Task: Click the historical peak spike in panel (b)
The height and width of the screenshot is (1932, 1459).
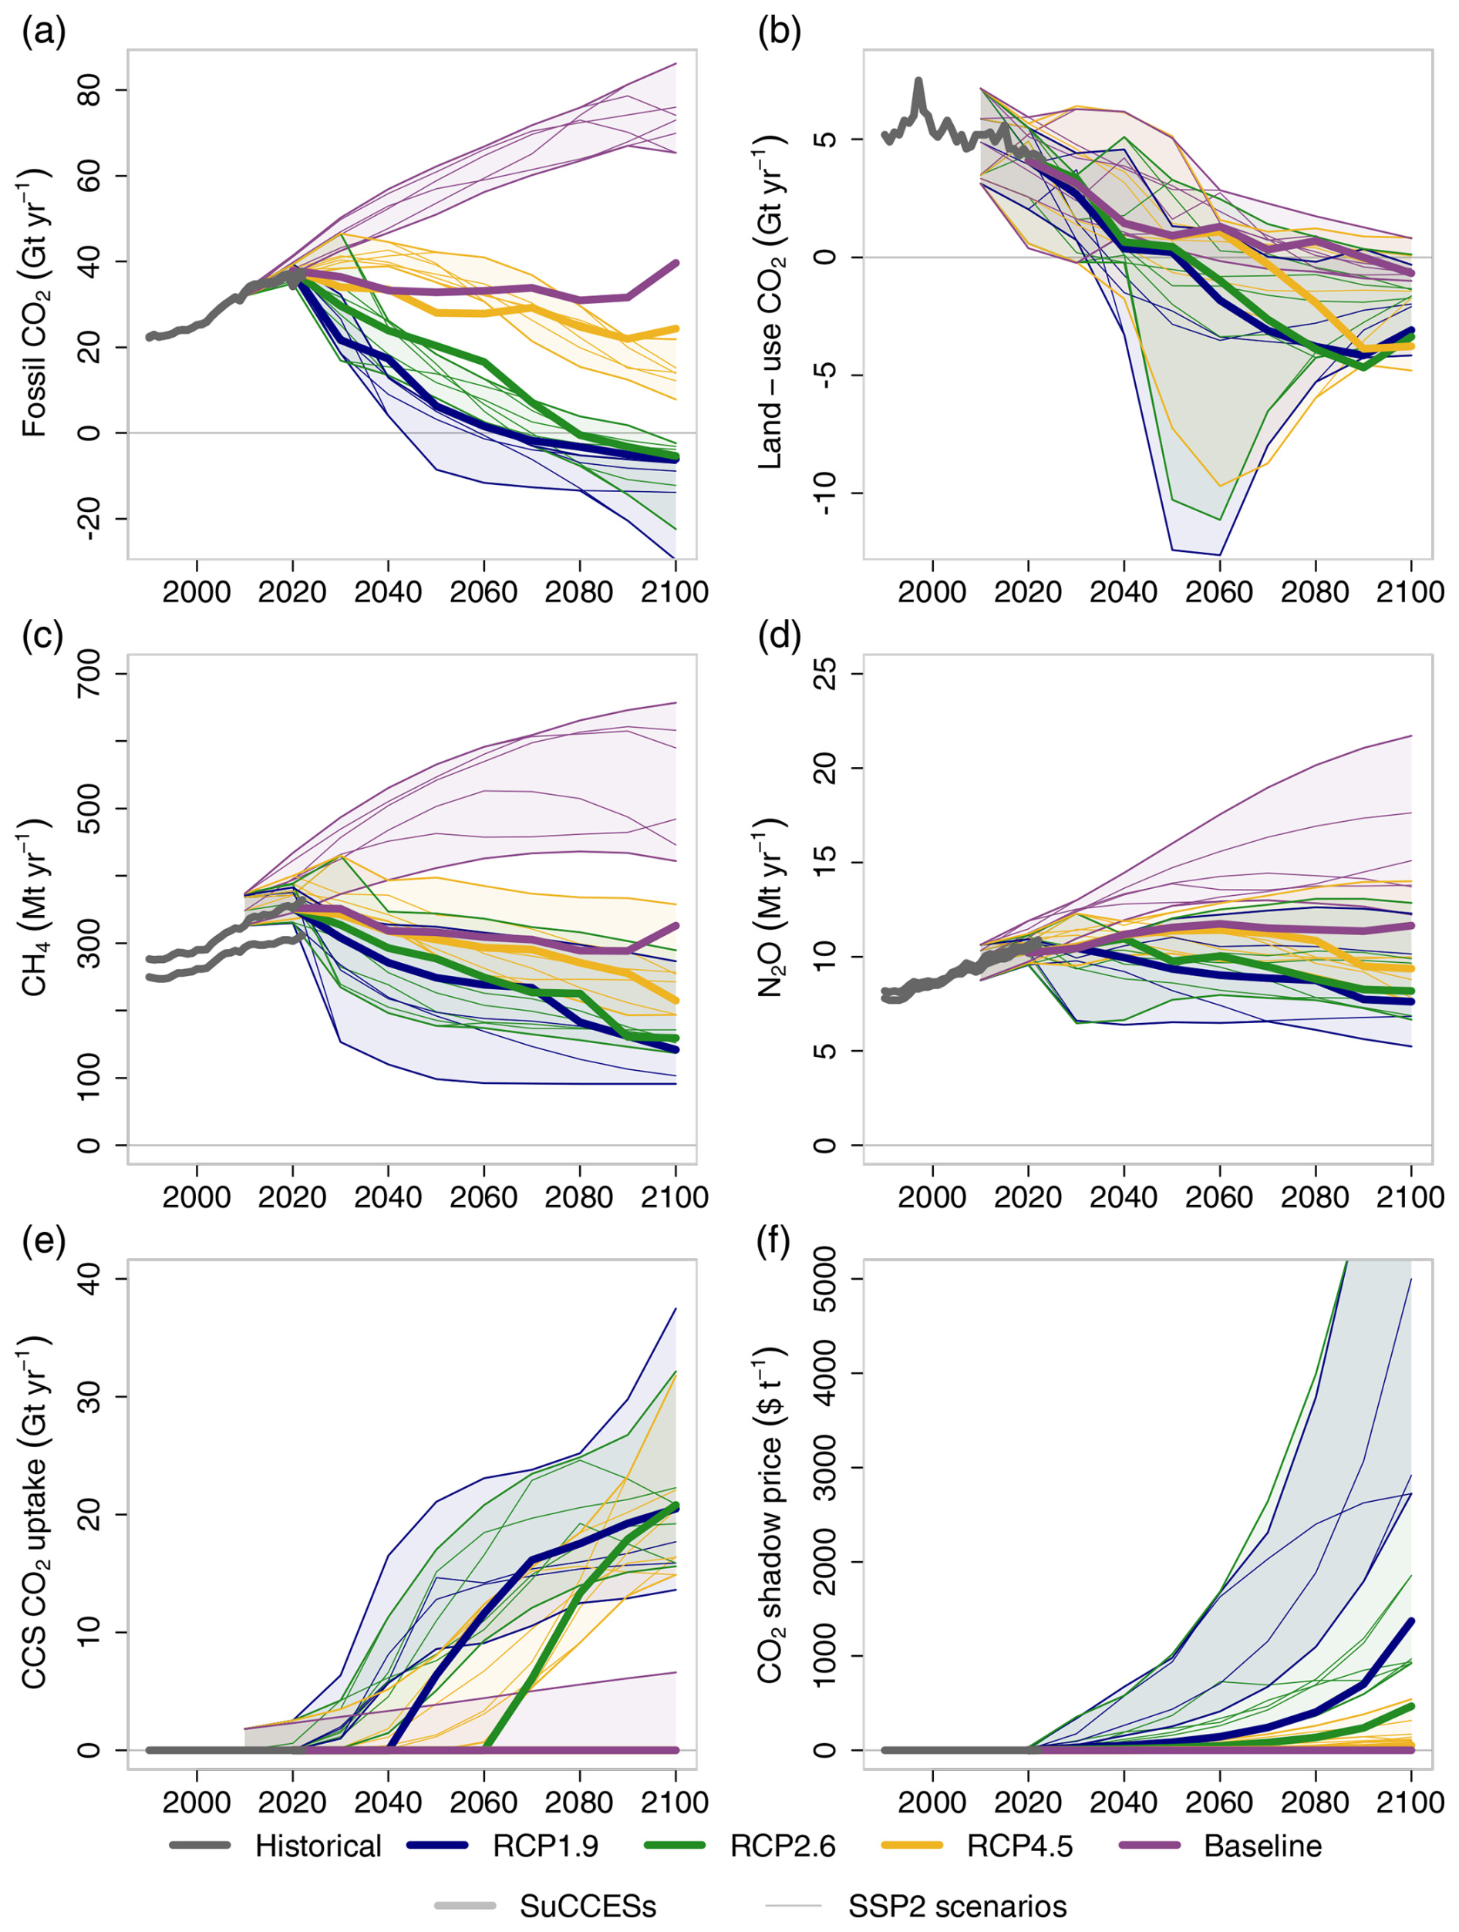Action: click(918, 83)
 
